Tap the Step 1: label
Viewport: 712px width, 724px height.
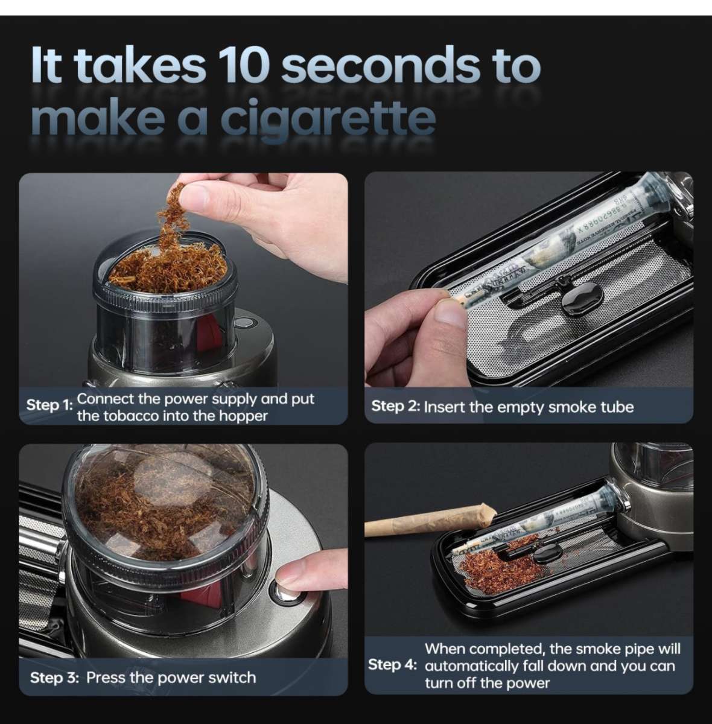49,405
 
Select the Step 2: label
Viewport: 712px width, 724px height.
395,406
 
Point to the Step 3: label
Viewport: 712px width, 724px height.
54,678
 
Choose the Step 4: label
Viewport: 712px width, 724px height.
392,665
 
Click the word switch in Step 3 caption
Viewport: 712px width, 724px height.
232,678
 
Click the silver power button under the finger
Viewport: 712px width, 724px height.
285,591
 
